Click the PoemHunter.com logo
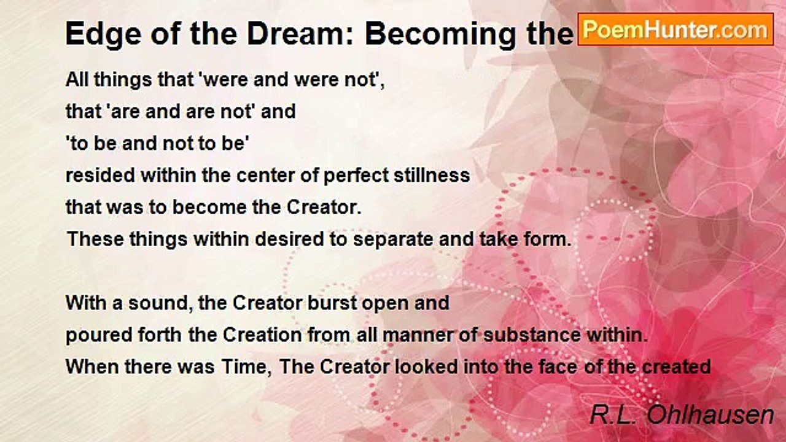tap(675, 29)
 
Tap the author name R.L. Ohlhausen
tap(682, 415)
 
